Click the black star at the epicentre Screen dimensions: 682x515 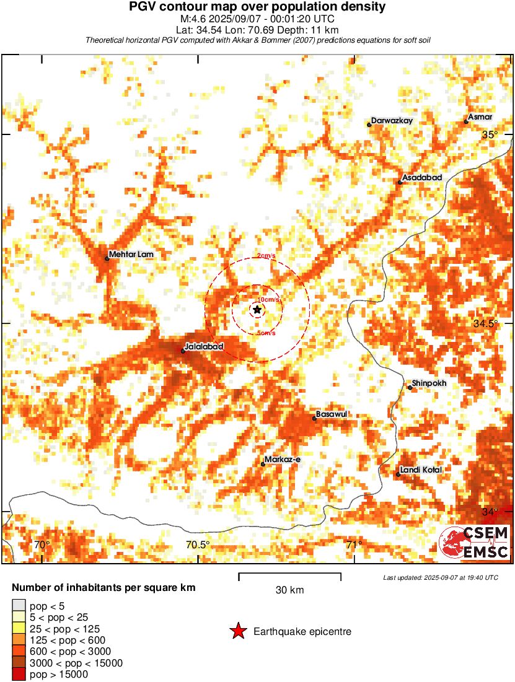tap(257, 309)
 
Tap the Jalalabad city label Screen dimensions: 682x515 tap(204, 346)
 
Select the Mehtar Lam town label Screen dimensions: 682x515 tap(130, 254)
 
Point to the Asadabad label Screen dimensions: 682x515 tap(422, 178)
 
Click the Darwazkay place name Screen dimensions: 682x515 tap(391, 121)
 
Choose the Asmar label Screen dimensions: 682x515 tap(480, 117)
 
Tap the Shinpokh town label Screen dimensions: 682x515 tap(429, 383)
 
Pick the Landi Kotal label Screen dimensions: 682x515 tap(421, 470)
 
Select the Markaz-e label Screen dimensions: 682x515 tap(282, 459)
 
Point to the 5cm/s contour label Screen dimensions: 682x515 tap(266, 333)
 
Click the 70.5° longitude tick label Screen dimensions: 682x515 tap(198, 545)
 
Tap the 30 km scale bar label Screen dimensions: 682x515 tap(289, 590)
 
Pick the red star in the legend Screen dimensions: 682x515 tap(237, 631)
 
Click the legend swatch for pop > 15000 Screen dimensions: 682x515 tap(19, 675)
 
